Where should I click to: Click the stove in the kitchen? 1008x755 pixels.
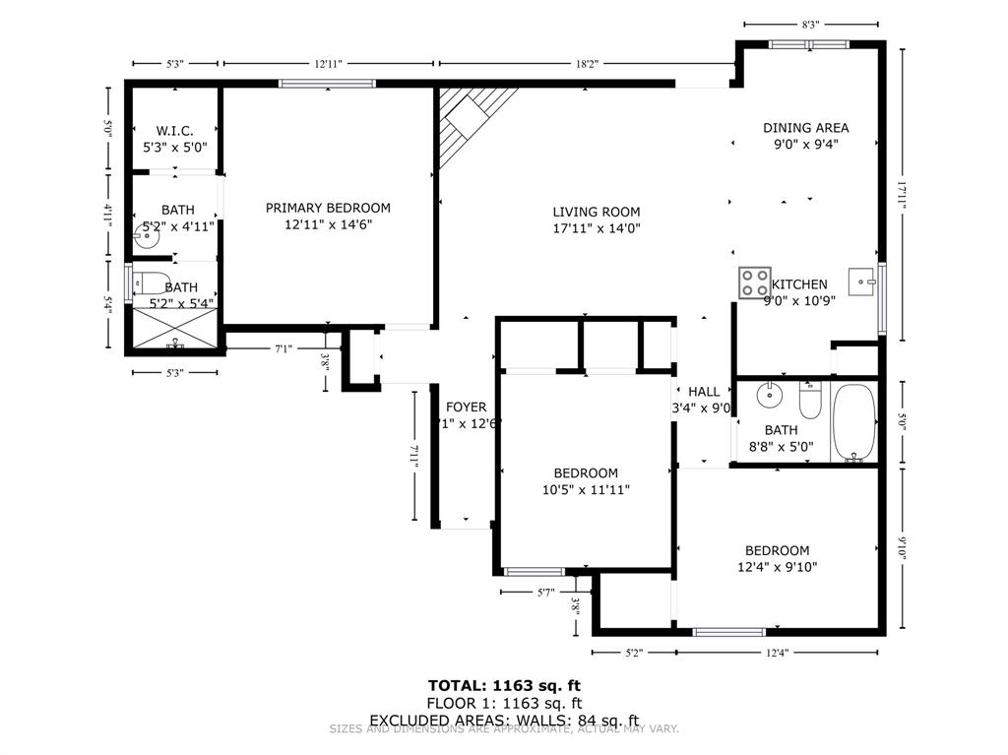[755, 283]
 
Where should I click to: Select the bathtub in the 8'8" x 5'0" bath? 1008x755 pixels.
[852, 422]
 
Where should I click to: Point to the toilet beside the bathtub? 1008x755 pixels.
[809, 401]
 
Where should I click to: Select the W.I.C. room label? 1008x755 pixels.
[174, 131]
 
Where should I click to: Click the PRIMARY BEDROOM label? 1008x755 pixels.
[328, 208]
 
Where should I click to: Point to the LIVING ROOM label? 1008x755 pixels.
[596, 212]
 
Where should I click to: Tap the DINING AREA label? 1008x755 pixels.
[805, 127]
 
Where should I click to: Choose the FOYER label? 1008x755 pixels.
[466, 407]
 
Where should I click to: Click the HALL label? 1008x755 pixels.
[703, 391]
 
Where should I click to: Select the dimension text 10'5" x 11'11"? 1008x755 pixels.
[585, 489]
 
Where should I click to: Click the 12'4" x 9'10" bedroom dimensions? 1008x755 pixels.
[777, 567]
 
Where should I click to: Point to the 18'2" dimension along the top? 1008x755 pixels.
[587, 64]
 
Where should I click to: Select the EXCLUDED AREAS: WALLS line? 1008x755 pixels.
[503, 720]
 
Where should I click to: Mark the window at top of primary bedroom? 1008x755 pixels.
[327, 84]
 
